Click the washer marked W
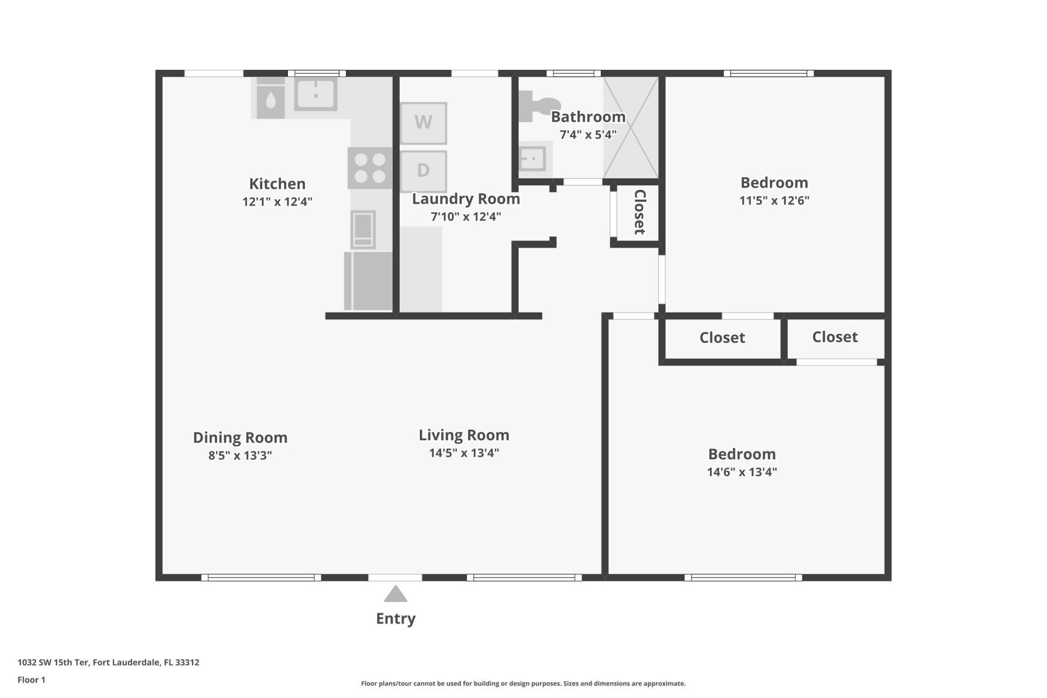tap(423, 123)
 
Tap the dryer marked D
tap(423, 171)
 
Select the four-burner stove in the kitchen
tap(370, 168)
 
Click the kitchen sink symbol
tap(315, 94)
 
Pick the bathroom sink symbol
tap(532, 159)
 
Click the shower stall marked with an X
tap(630, 128)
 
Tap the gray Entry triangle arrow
tap(395, 594)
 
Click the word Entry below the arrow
tap(395, 618)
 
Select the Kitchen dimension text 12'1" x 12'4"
tap(277, 202)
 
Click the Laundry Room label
tap(466, 199)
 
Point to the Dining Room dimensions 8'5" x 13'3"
tap(240, 455)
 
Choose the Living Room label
tap(464, 435)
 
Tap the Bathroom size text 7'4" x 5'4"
tap(588, 135)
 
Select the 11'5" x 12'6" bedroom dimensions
tap(774, 200)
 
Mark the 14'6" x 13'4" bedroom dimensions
tap(742, 472)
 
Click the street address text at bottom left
tap(108, 663)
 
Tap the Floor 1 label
tap(31, 680)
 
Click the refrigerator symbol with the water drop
tap(270, 100)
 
